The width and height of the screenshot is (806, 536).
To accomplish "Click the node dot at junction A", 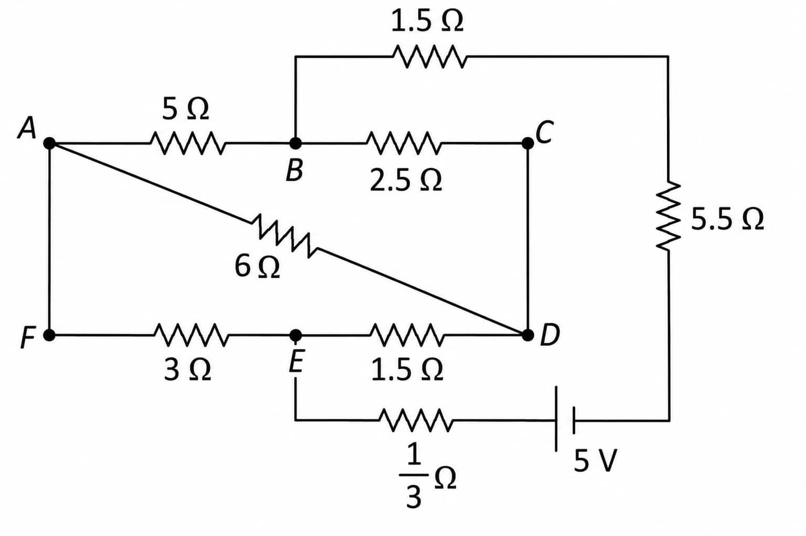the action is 50,143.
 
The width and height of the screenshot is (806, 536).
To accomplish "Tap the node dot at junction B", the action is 295,143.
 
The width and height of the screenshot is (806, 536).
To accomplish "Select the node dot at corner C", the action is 528,143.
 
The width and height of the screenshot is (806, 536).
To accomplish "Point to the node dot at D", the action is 528,335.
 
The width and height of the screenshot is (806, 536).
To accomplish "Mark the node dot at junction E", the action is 295,335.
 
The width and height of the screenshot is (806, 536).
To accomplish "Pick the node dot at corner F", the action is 49,335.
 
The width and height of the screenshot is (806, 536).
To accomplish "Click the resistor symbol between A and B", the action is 188,143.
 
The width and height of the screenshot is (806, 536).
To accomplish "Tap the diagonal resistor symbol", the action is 284,236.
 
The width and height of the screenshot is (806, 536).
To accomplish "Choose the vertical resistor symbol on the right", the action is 669,216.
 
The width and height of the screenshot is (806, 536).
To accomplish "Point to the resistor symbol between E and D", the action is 406,335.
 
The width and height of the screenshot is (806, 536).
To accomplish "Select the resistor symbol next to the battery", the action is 416,420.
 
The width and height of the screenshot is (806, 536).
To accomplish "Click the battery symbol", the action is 565,419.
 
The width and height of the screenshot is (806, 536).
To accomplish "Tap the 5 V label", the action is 595,461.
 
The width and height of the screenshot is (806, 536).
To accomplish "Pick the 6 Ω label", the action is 257,267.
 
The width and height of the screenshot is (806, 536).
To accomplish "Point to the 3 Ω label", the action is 187,370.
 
